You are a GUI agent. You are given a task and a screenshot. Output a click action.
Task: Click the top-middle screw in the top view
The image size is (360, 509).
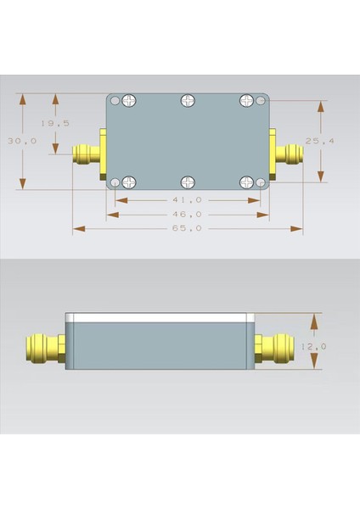point(187,101)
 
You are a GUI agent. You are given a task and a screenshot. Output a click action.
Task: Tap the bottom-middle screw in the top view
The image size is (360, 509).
point(187,182)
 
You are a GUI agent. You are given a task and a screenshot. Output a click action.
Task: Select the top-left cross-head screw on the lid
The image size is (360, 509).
point(129,101)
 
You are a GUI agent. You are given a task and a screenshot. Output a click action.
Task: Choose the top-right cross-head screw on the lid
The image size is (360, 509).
point(246,101)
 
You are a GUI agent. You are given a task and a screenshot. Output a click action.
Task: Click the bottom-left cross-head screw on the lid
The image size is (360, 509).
point(129,182)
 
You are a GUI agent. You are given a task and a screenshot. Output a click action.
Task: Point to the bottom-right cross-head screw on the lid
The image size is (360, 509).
point(246,182)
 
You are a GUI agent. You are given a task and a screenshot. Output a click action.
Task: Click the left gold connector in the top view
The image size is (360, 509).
point(87,154)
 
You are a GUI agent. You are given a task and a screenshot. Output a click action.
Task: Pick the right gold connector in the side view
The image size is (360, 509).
point(275,346)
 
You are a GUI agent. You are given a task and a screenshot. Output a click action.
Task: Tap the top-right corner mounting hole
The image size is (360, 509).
point(262,101)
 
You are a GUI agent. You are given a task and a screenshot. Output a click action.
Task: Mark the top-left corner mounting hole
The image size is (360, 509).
point(115,101)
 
